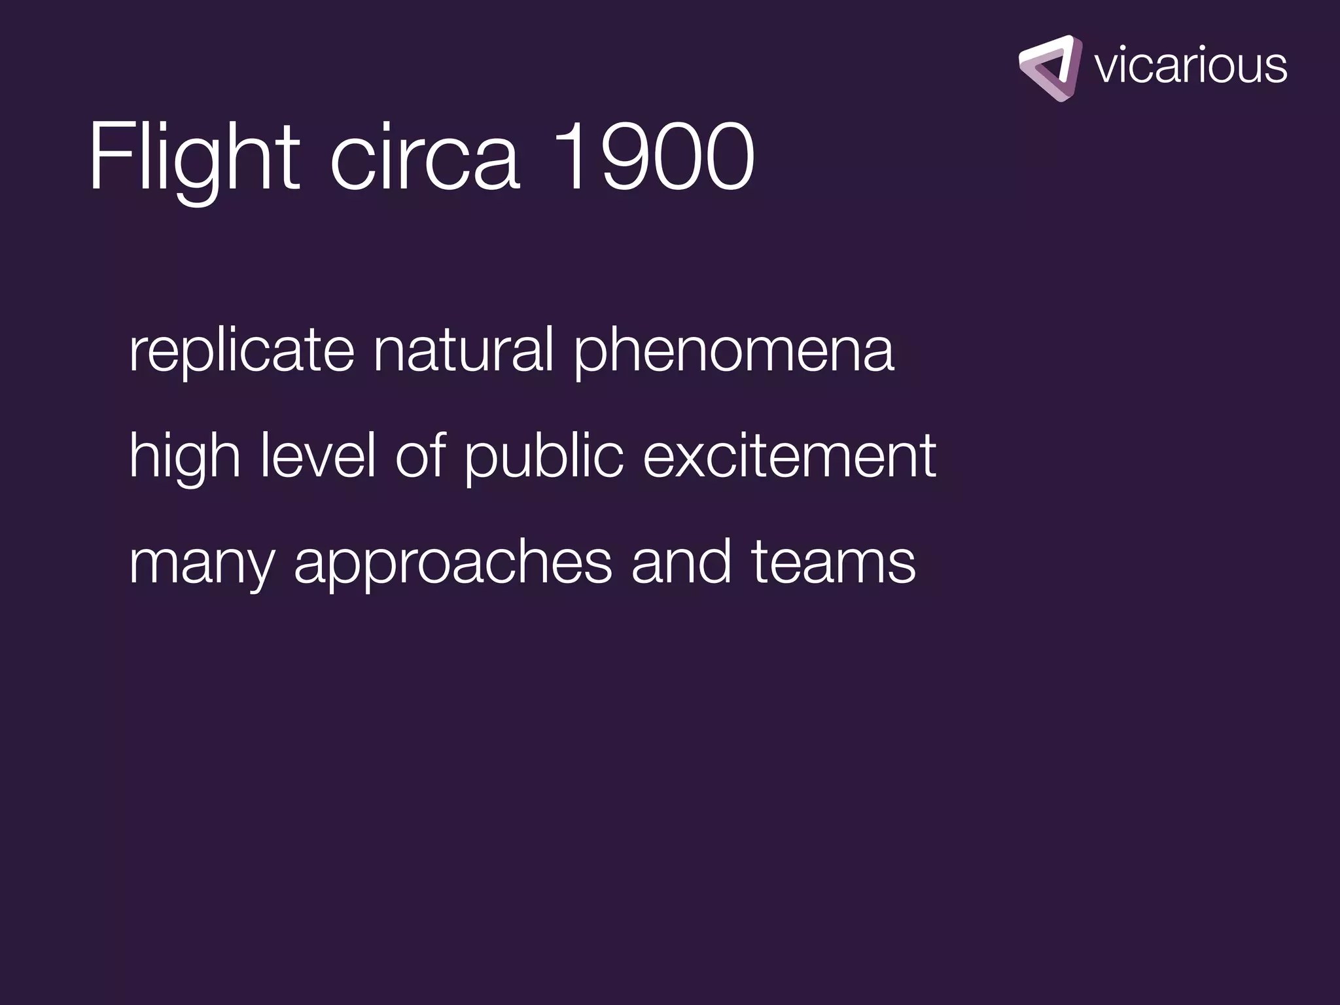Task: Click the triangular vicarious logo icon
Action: [1050, 68]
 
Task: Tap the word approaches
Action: [453, 563]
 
